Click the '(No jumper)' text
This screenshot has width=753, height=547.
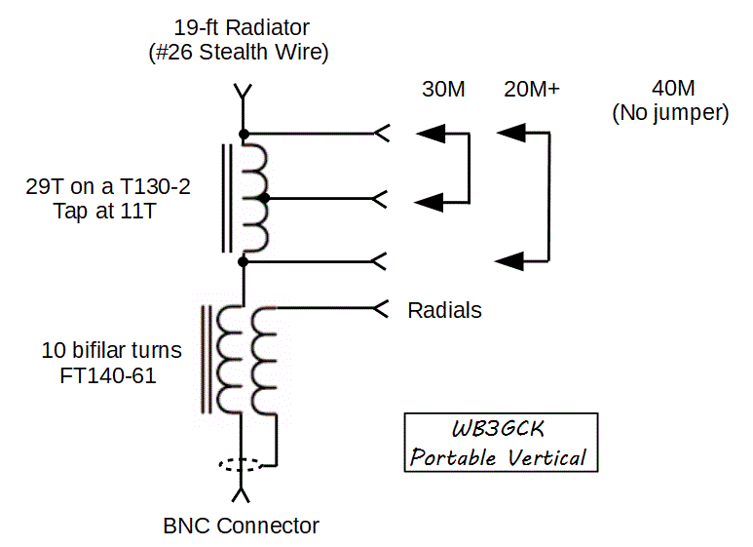(670, 113)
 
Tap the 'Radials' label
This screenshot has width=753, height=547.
(444, 310)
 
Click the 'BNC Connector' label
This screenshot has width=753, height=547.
(241, 527)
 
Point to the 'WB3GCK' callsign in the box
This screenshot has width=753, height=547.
(501, 430)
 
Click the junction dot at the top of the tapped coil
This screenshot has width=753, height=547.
(244, 133)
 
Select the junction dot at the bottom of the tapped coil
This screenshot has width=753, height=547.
(244, 261)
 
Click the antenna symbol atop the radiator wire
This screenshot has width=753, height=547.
(244, 95)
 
